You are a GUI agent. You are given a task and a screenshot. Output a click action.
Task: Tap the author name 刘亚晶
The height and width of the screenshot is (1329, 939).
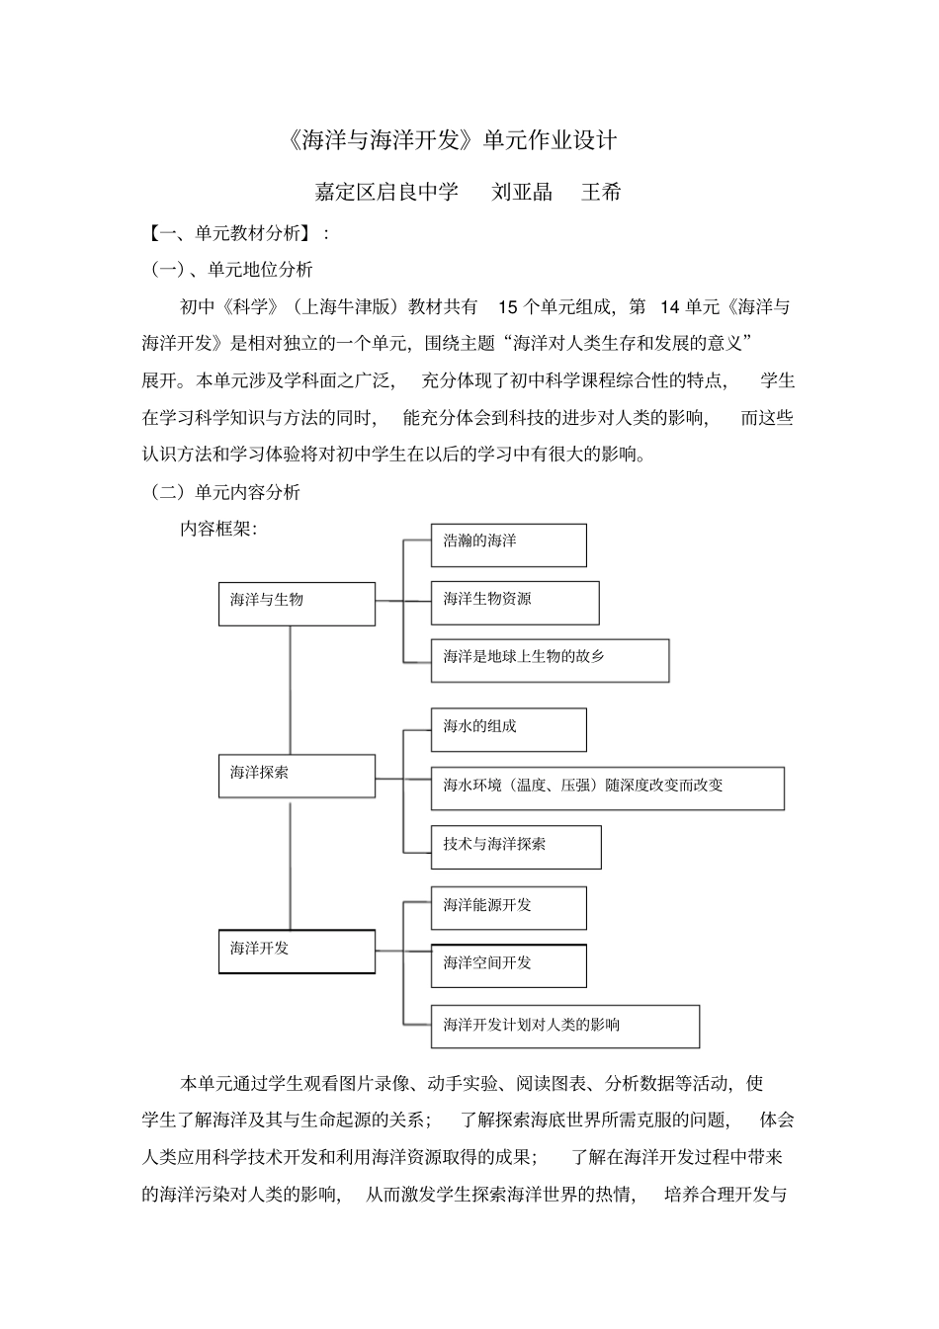[522, 192]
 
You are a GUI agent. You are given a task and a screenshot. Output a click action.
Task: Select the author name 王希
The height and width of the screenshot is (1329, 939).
[601, 192]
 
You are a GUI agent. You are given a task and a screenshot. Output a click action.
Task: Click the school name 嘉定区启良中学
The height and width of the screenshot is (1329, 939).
[386, 192]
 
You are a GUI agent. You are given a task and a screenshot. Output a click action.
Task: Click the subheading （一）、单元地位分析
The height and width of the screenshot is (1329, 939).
[230, 269]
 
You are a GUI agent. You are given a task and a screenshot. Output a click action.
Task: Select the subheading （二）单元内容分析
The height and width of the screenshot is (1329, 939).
[224, 492]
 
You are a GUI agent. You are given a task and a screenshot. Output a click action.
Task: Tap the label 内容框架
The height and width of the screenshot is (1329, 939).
[217, 529]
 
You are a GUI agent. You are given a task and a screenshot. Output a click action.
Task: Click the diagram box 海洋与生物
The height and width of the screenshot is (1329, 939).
[297, 604]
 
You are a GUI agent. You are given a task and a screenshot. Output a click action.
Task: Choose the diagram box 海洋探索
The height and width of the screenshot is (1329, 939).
[297, 776]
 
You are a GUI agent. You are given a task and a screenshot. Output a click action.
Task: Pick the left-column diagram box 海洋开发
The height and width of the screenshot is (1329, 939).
[297, 951]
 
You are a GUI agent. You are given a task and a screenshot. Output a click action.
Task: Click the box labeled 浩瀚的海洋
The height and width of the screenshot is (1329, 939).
[508, 544]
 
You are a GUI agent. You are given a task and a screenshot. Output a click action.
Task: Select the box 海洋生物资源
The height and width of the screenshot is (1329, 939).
[514, 603]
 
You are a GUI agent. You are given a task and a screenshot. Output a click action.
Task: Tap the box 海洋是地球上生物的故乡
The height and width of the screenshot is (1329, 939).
[550, 660]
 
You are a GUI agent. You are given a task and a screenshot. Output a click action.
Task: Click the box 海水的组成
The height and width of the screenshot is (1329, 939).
[508, 729]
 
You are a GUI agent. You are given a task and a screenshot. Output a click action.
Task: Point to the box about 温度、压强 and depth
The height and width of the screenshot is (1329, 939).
[607, 789]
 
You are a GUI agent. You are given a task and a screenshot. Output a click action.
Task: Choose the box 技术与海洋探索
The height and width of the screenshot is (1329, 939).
[516, 847]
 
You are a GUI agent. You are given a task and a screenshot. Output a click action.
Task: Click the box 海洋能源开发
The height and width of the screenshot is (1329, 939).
[508, 907]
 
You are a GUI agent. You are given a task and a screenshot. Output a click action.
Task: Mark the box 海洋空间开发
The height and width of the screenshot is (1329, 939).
[508, 965]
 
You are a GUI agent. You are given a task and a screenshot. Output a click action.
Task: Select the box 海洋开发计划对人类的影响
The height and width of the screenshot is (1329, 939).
[564, 1027]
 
